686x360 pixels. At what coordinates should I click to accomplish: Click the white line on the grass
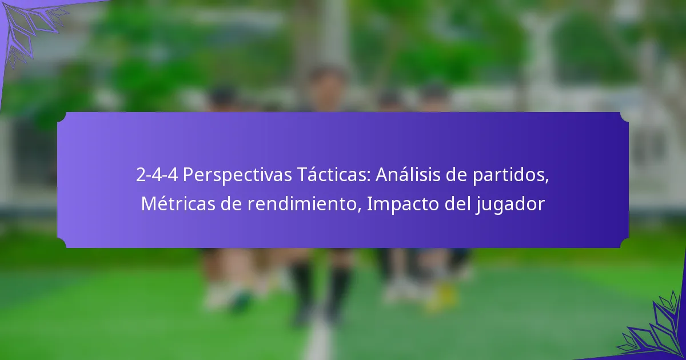click(318, 343)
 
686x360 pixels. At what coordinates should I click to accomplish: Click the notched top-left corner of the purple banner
click(62, 117)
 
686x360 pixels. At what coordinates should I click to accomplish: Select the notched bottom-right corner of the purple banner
click(624, 243)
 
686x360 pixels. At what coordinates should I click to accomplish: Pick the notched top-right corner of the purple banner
click(624, 117)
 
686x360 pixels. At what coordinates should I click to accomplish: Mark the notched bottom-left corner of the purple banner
click(62, 243)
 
